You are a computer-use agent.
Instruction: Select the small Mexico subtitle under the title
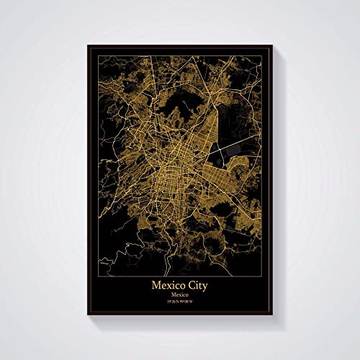180,295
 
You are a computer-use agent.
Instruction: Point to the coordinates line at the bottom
180,304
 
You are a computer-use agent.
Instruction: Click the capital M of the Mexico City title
156,285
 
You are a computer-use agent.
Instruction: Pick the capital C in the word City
189,285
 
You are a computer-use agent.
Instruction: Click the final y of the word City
206,287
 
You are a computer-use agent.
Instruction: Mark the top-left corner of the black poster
88,45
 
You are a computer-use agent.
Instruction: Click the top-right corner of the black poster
271,45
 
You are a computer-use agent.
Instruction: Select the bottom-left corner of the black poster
88,318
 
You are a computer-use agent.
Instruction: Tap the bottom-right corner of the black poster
271,318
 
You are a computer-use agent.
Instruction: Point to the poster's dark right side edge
274,180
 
